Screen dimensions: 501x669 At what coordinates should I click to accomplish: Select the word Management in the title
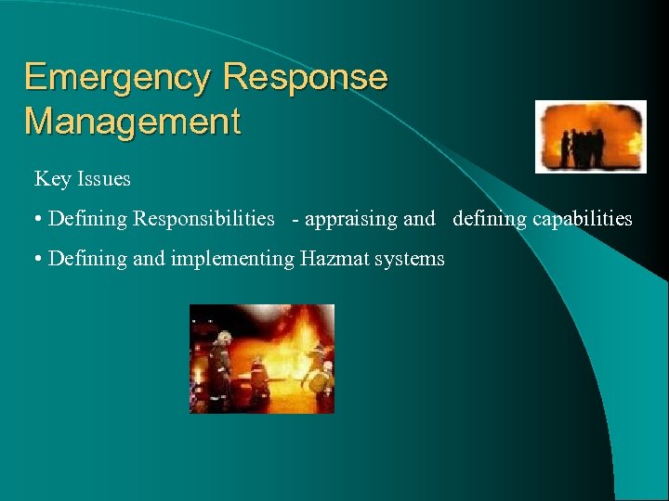(132, 121)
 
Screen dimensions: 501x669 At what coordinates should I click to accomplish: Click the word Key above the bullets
(51, 178)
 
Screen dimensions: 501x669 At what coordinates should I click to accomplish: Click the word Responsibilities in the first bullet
(203, 219)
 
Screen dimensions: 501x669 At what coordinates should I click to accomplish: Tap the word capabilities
(582, 219)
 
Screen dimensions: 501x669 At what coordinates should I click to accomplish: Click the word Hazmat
(335, 258)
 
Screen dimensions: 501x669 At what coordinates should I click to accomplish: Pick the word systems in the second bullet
(410, 259)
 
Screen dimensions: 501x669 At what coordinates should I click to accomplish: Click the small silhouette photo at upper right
(590, 136)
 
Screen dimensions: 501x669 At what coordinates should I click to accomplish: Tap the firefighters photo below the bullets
(262, 358)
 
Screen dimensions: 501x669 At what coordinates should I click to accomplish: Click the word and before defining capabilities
(419, 219)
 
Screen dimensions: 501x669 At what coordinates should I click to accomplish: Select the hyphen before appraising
(295, 220)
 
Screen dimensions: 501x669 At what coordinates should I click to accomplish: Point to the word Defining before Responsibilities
(88, 219)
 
